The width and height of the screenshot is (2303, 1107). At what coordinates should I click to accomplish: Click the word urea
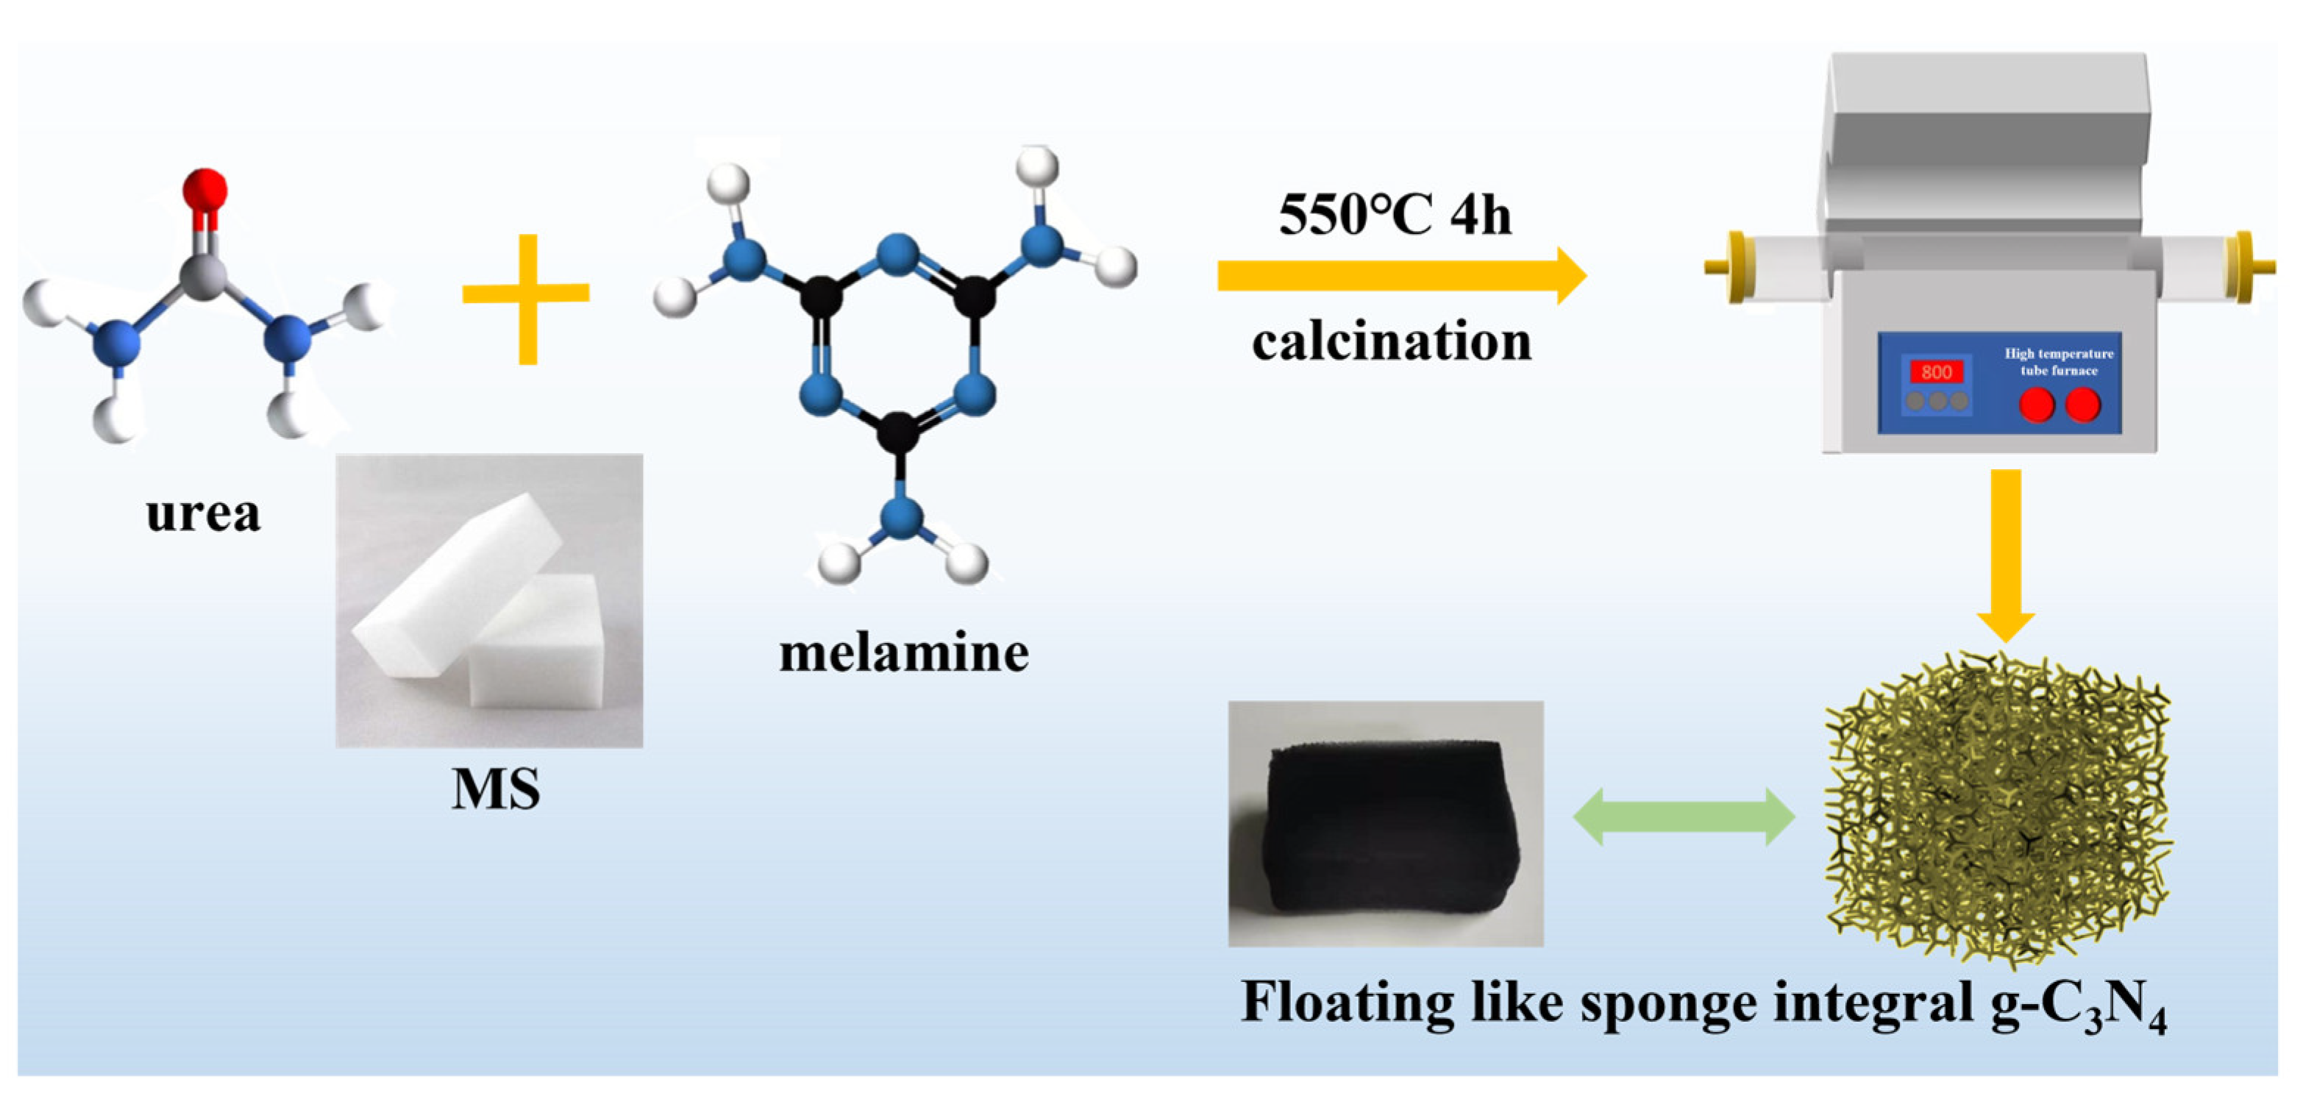203,513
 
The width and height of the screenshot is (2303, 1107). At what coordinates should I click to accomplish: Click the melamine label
904,652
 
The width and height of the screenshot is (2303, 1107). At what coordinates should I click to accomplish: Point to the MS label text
495,789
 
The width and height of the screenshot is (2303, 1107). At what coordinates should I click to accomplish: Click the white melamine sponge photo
489,600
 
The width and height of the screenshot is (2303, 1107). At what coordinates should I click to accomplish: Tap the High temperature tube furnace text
2059,362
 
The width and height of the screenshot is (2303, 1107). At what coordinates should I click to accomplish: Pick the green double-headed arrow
1684,817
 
